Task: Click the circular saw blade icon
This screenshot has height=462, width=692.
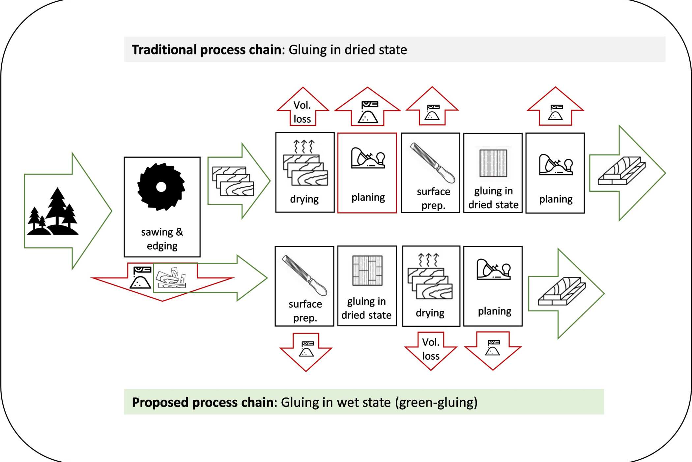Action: pyautogui.click(x=161, y=187)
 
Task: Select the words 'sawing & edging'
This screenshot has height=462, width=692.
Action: pyautogui.click(x=162, y=239)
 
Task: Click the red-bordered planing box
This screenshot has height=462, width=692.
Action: pyautogui.click(x=367, y=173)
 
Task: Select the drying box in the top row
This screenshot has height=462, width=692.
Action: pyautogui.click(x=305, y=172)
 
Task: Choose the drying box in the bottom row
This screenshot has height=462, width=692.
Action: pyautogui.click(x=431, y=286)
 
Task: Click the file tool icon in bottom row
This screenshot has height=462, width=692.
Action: pyautogui.click(x=304, y=275)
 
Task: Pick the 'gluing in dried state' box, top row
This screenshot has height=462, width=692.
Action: pyautogui.click(x=493, y=173)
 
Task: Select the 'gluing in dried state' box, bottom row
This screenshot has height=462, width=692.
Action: pyautogui.click(x=367, y=286)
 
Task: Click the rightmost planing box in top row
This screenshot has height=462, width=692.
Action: pyautogui.click(x=555, y=173)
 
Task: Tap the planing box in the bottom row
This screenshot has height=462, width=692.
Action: pyautogui.click(x=493, y=286)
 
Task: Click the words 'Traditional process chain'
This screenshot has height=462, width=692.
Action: pyautogui.click(x=207, y=50)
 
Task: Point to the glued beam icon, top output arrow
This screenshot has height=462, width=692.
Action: pyautogui.click(x=621, y=171)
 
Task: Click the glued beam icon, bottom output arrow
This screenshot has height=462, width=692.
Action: pyautogui.click(x=562, y=291)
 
